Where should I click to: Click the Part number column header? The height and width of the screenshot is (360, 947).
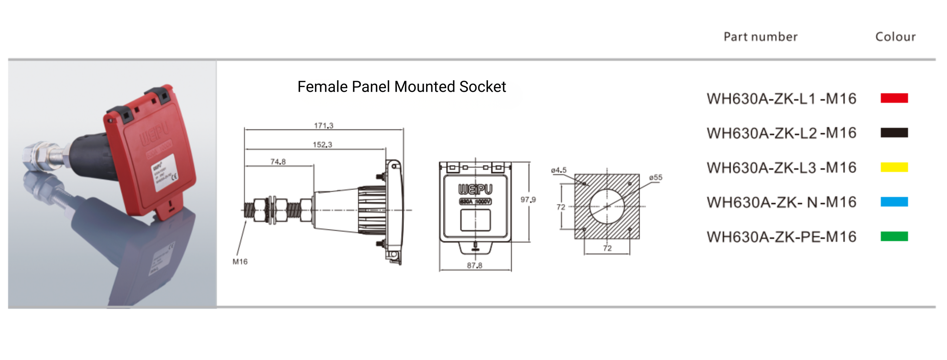pos(760,37)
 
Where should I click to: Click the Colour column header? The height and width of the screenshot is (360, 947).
pos(895,37)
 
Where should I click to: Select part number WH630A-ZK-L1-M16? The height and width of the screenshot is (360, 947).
pos(781,99)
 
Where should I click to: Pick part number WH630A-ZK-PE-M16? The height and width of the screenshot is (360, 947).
pos(781,237)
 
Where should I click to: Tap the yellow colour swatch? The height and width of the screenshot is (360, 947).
pos(894,167)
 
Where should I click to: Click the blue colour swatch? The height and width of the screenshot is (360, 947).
pos(894,202)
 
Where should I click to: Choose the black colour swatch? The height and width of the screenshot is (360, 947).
pos(894,132)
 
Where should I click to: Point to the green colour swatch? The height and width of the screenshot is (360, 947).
pos(894,236)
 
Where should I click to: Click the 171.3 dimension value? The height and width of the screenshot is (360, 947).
pos(323,125)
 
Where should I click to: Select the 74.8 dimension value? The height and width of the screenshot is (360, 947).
pos(278,162)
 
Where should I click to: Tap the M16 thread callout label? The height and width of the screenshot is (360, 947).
pos(240,262)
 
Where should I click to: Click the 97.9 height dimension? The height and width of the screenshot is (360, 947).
pos(528,200)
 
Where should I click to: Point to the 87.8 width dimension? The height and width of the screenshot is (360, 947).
pos(474,265)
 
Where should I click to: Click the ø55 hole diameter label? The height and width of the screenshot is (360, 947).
pos(655,178)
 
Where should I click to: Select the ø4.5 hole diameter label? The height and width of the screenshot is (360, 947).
pos(558,170)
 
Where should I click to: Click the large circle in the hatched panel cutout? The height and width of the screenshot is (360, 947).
pos(607,206)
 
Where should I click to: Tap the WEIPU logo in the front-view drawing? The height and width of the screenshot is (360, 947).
pos(475,189)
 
